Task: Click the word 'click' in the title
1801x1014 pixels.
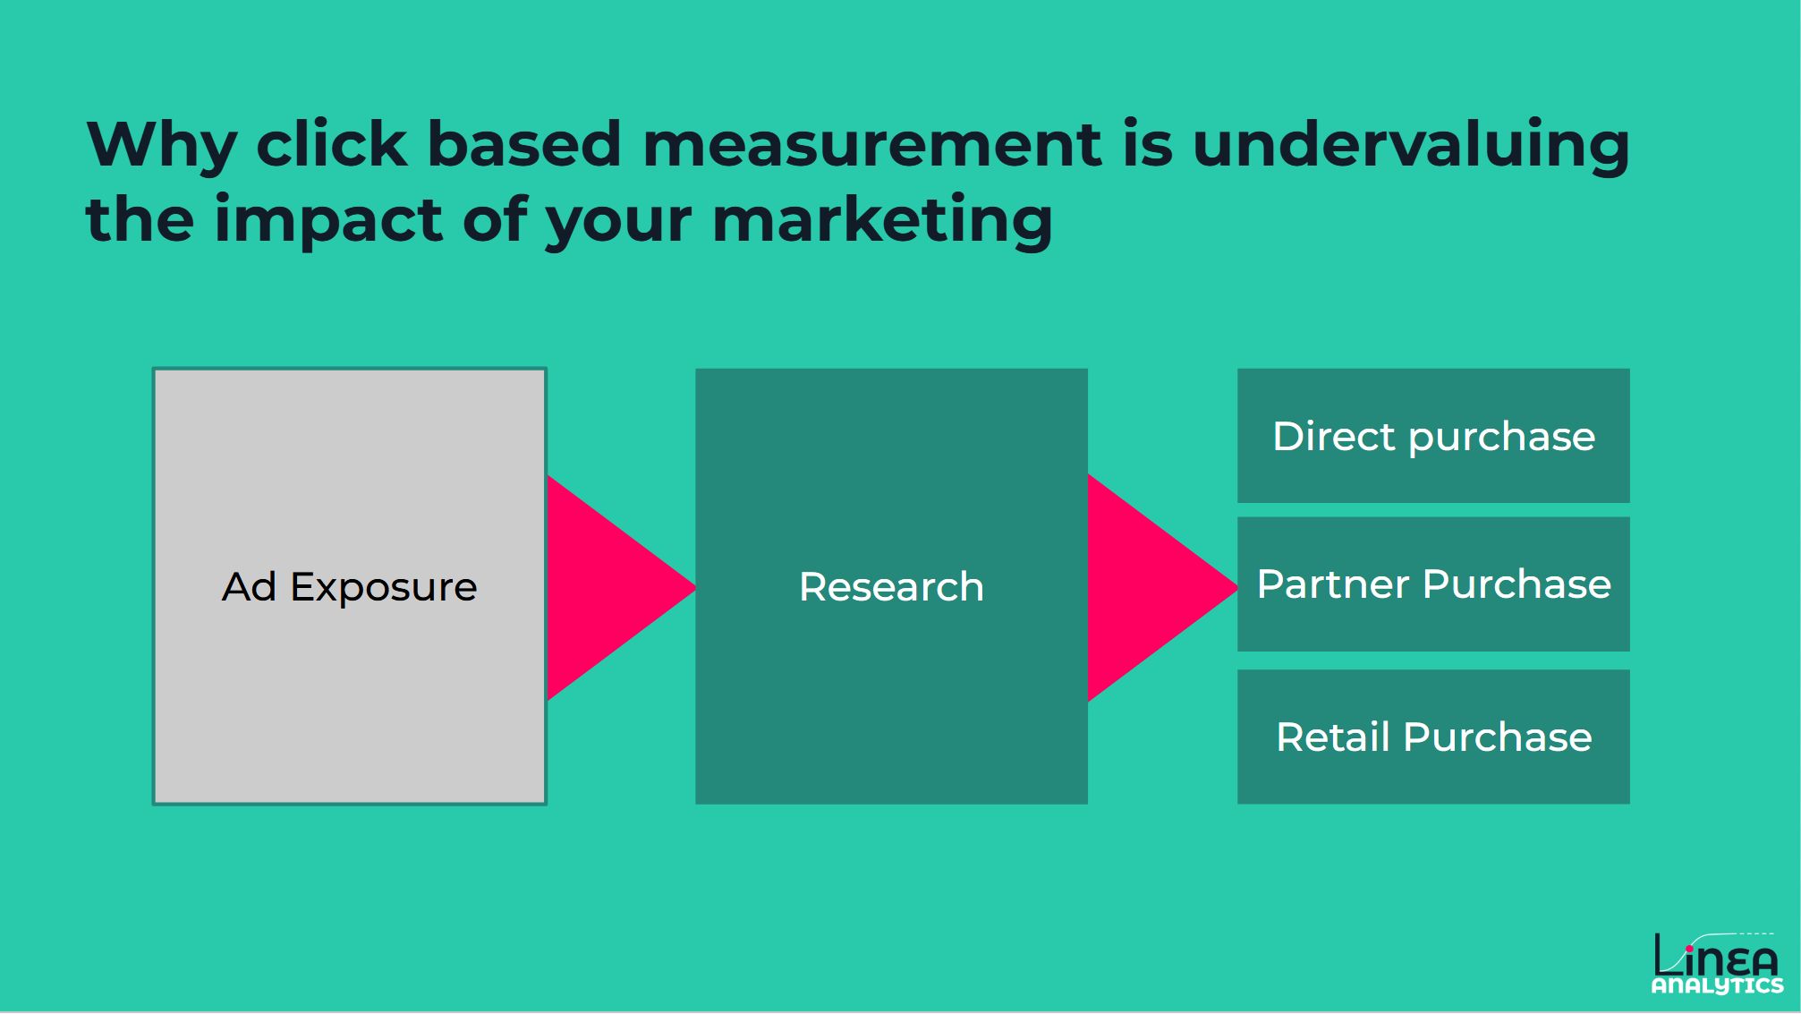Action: point(331,144)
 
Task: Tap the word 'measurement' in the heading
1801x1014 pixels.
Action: point(872,144)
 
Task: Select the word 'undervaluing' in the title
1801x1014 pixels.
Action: point(1411,146)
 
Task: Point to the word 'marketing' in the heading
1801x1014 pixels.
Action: point(882,221)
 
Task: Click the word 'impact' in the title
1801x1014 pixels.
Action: point(328,221)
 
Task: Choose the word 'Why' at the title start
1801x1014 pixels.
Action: point(162,144)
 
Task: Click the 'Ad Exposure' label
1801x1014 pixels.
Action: point(349,587)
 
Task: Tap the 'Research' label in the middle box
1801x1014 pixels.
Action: point(891,587)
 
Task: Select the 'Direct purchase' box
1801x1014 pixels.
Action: point(1433,436)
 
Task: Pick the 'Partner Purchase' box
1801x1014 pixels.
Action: point(1433,584)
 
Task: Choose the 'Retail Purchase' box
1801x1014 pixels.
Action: point(1433,737)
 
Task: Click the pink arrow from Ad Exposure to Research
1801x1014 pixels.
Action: point(608,587)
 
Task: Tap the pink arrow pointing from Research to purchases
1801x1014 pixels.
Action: point(1150,587)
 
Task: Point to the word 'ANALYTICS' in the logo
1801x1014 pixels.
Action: point(1717,985)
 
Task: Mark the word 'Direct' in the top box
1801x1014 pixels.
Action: point(1333,436)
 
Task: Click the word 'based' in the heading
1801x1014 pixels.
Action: point(523,144)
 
